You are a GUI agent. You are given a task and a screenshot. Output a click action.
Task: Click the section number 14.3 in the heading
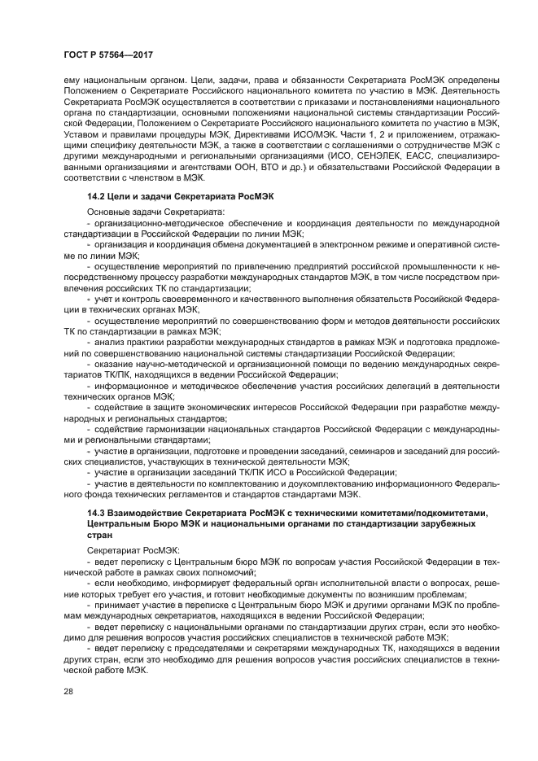97,512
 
